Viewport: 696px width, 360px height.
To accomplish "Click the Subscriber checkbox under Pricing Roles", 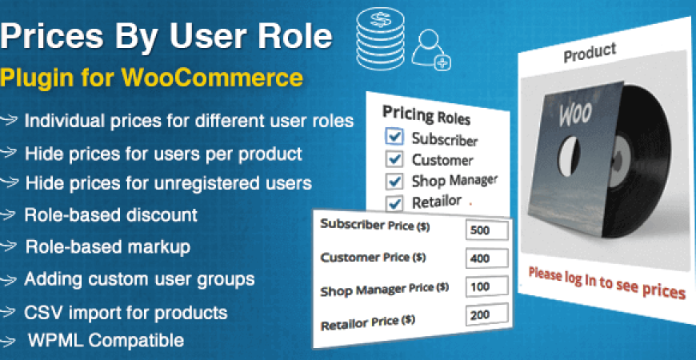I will (394, 136).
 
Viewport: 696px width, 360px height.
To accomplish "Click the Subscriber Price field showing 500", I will (486, 231).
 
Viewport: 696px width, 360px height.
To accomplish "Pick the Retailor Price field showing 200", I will (486, 316).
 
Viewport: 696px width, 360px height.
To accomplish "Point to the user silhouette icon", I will (429, 48).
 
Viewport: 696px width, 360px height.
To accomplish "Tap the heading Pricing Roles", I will (426, 114).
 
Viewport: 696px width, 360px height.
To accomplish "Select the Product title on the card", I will (590, 54).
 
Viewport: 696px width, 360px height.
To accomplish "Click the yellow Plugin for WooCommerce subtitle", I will (152, 78).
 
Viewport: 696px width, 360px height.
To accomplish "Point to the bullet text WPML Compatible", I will (106, 340).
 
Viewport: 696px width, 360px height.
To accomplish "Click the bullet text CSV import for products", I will (126, 312).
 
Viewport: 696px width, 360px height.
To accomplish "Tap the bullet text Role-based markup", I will (107, 247).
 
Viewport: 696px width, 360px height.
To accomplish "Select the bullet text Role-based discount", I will (110, 215).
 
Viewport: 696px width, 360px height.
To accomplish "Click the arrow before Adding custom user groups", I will (9, 280).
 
